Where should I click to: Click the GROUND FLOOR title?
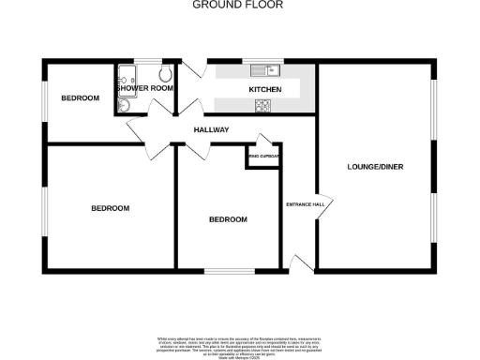[238, 5]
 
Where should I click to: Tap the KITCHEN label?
[264, 89]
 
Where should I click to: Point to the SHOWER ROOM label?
[145, 88]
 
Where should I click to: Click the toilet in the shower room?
[165, 74]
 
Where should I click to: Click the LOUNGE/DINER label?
[374, 167]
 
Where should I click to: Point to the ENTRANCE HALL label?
[304, 204]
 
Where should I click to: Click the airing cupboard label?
[264, 156]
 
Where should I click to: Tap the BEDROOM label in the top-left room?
[80, 98]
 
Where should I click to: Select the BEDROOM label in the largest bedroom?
[110, 207]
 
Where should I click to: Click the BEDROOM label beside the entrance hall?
[228, 219]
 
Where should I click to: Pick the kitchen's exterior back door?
[195, 68]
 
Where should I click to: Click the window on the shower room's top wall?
[148, 61]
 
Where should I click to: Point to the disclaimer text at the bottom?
[238, 344]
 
